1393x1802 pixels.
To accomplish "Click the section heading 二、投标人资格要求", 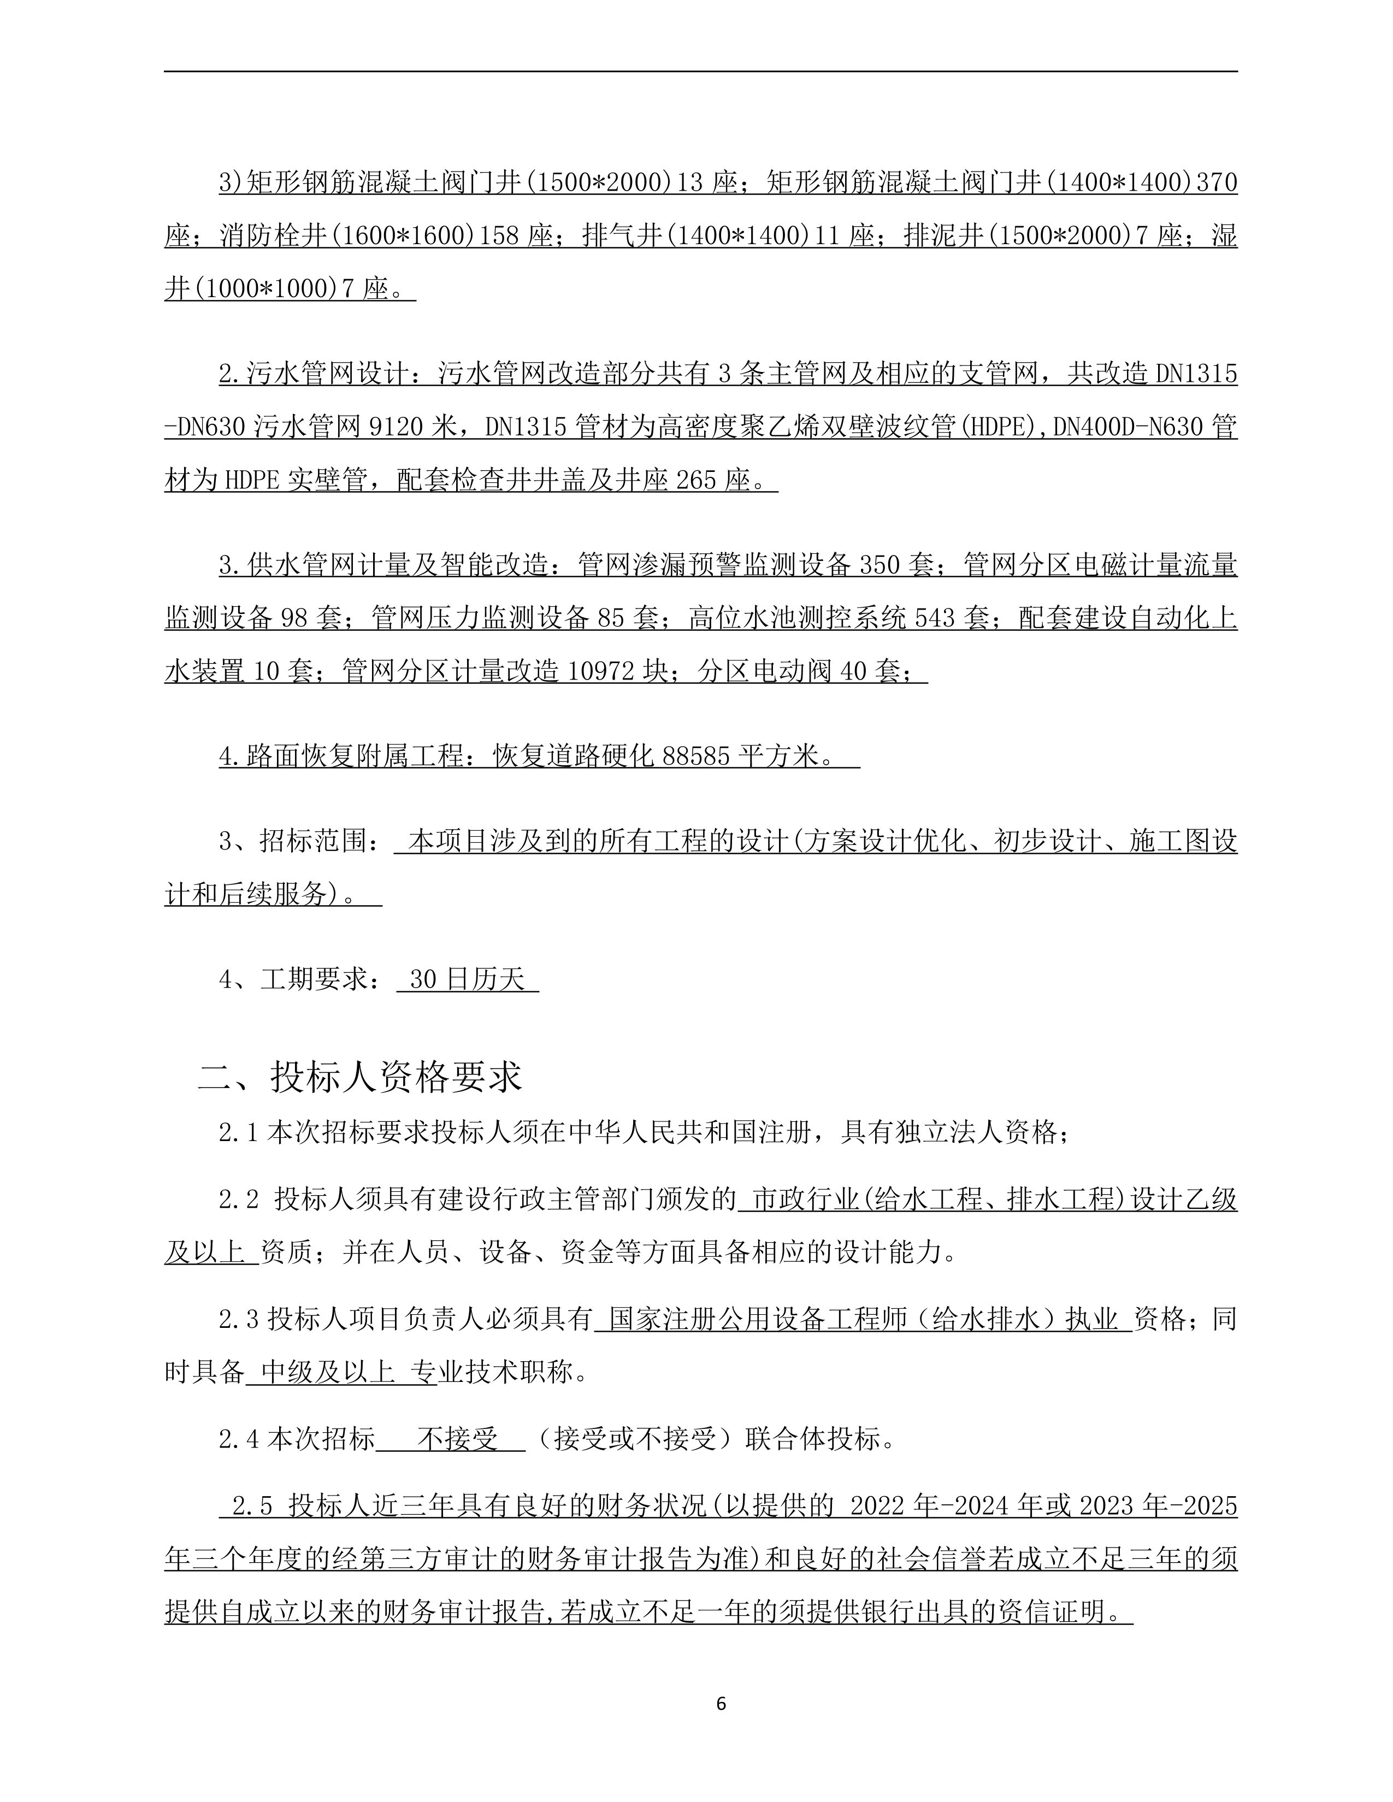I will point(360,1076).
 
